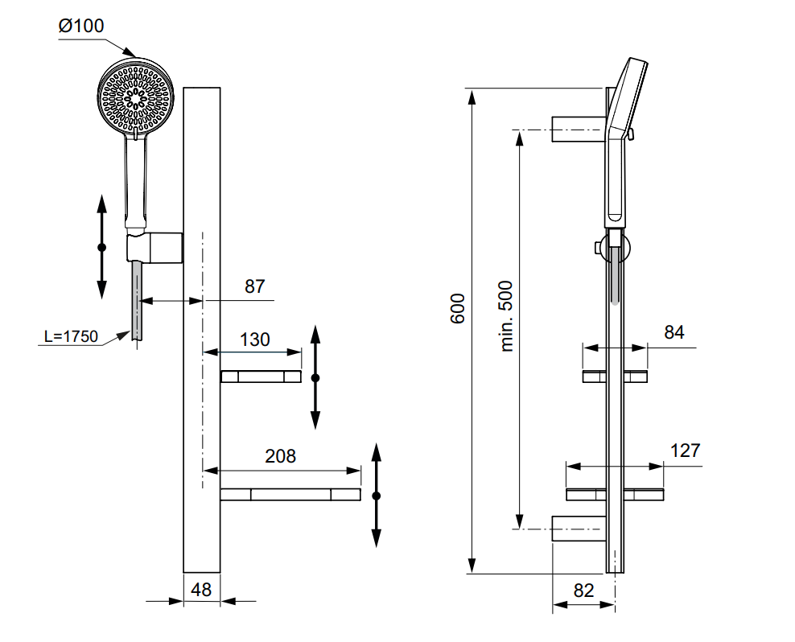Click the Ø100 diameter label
[81, 26]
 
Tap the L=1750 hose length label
[71, 336]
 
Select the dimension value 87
[254, 286]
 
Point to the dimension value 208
[280, 456]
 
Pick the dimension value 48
[201, 589]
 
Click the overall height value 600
[457, 309]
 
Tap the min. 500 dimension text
[506, 316]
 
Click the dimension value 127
[685, 450]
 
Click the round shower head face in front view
[136, 97]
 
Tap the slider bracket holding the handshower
[155, 247]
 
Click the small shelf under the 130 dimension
[261, 377]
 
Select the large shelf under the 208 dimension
[290, 494]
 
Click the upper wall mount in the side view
[577, 129]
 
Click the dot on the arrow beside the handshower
[101, 247]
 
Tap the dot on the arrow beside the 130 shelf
[315, 377]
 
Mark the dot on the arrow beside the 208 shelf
[376, 495]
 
